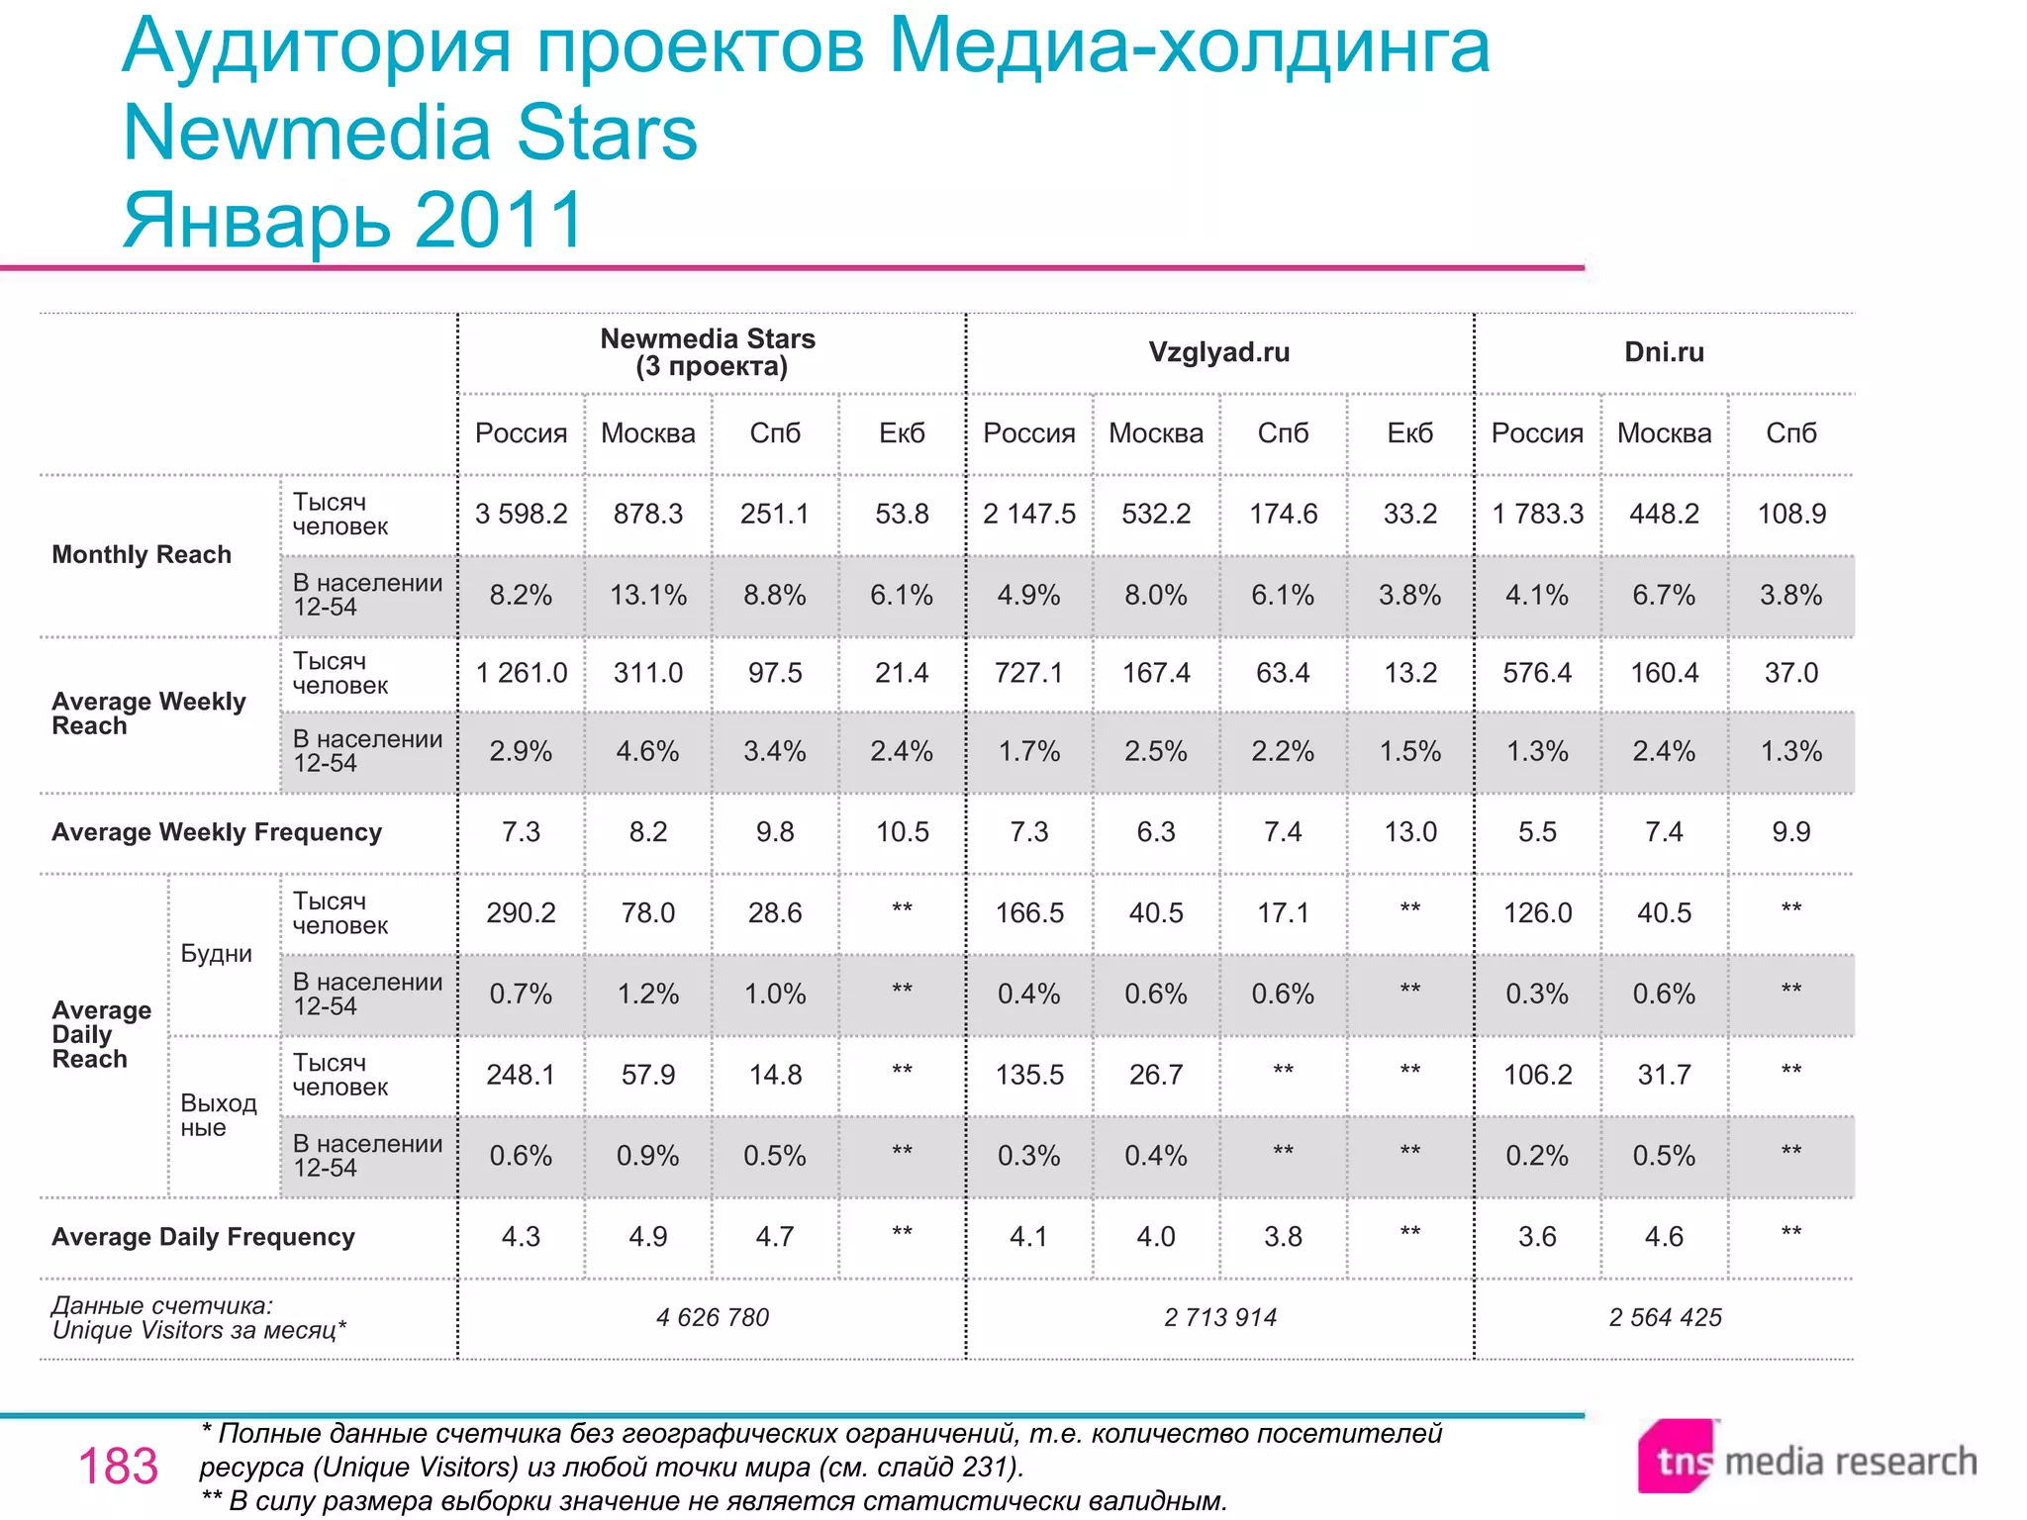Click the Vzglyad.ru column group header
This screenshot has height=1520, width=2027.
coord(1218,352)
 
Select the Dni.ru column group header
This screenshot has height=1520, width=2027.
coord(1664,352)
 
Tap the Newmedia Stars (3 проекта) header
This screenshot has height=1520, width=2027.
coord(708,352)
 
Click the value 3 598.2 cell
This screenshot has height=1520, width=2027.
coord(521,514)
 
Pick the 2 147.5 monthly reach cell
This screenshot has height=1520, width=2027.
coord(1028,514)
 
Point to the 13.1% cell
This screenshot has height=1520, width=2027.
coord(647,595)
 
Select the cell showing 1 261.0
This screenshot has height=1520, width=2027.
coord(521,673)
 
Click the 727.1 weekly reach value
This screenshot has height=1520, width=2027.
coord(1028,673)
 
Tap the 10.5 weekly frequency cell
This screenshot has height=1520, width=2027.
coord(902,832)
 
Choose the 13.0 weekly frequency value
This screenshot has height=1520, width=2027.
coord(1409,832)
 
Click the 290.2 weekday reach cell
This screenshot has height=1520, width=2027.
coord(521,912)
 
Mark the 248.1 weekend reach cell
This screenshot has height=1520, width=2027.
coord(521,1075)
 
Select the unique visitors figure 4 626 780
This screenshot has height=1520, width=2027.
coord(712,1317)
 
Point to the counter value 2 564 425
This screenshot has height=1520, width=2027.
coord(1665,1317)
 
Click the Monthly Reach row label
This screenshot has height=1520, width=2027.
coord(142,554)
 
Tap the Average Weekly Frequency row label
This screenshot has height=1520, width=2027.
coord(216,832)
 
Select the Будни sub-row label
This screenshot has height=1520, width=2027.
coord(216,954)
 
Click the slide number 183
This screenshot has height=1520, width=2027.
coord(118,1466)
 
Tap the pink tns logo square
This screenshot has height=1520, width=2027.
coord(1678,1458)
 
